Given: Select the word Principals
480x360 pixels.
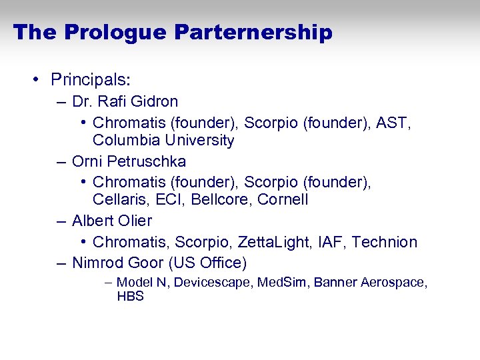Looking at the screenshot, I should (90, 79).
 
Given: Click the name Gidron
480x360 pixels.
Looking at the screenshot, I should (155, 101).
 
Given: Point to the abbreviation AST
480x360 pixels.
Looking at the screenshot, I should (402, 123).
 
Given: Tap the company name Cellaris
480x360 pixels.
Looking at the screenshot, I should (119, 199).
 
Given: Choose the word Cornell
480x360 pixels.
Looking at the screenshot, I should (283, 199).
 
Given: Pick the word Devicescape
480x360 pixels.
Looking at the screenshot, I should (213, 283).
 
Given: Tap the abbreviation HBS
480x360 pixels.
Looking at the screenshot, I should (130, 297).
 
